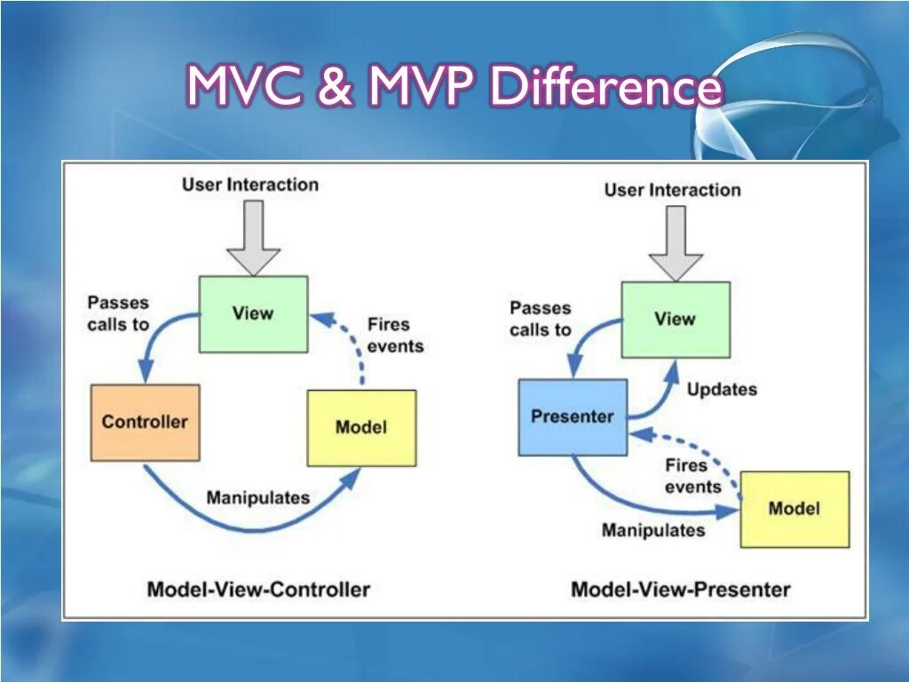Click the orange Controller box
[145, 422]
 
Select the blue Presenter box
[573, 416]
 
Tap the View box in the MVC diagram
[253, 313]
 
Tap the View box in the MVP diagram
[675, 320]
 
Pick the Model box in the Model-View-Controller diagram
[361, 427]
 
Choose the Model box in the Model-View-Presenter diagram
[794, 509]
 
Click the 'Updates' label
[722, 389]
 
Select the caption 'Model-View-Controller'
[258, 589]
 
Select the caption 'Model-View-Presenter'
[680, 589]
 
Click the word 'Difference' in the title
[607, 89]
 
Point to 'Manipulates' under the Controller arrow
[257, 497]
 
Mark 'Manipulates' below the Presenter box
[653, 530]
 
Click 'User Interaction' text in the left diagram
[250, 185]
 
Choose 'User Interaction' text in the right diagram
[672, 190]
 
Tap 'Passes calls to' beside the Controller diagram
[118, 314]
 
